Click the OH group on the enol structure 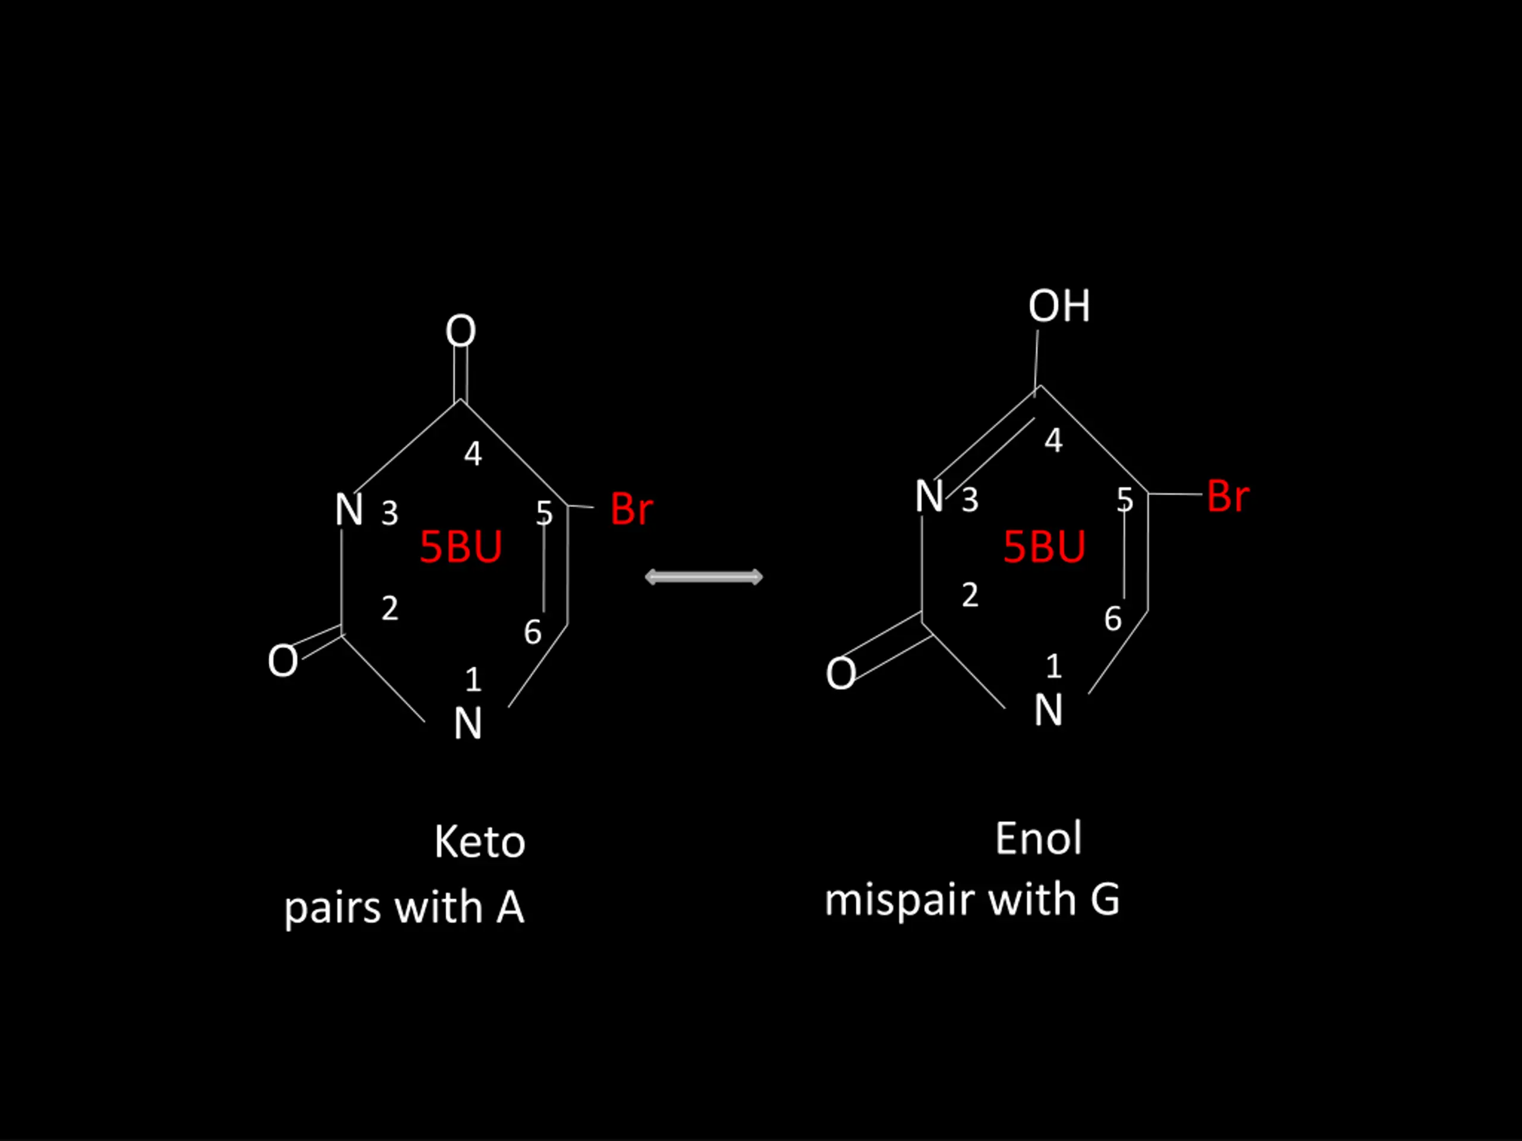point(1059,306)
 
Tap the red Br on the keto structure point(631,510)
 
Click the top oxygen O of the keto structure point(460,331)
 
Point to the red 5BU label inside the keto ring point(460,547)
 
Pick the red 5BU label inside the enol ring point(1044,547)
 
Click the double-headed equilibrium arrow point(704,577)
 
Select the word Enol point(1038,839)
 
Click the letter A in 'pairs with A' point(510,906)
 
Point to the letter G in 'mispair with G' point(1105,900)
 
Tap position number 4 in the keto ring point(473,453)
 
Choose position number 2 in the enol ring point(970,595)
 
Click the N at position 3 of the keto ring point(349,510)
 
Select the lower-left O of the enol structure point(841,673)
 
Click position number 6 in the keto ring point(533,632)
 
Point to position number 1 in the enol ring point(1054,666)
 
